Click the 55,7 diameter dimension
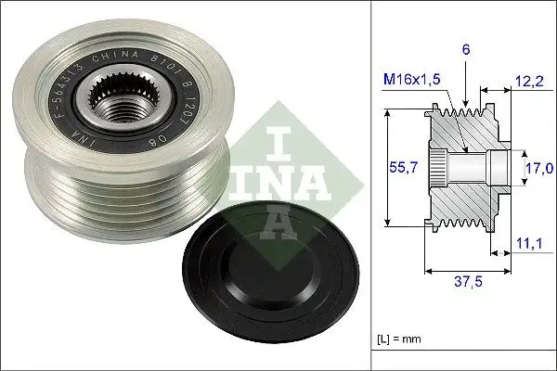coord(399,169)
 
